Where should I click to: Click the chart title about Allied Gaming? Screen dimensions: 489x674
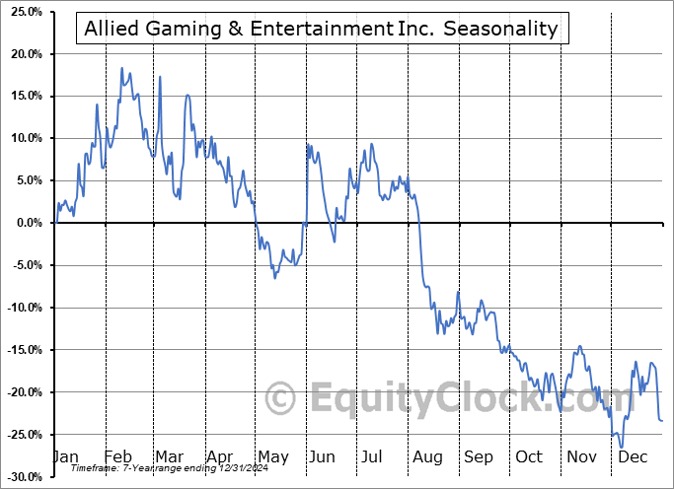[x=321, y=30]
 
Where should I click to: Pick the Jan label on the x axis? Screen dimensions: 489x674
[x=65, y=456]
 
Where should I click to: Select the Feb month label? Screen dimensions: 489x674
[x=117, y=456]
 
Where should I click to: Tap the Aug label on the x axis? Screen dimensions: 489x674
[x=427, y=456]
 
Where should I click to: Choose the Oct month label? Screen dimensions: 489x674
[x=529, y=456]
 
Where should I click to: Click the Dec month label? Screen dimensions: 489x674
[x=632, y=456]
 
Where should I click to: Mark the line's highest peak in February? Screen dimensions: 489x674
[x=122, y=68]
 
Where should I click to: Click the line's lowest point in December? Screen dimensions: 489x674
[x=622, y=447]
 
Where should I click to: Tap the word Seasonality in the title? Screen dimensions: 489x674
[x=500, y=30]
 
